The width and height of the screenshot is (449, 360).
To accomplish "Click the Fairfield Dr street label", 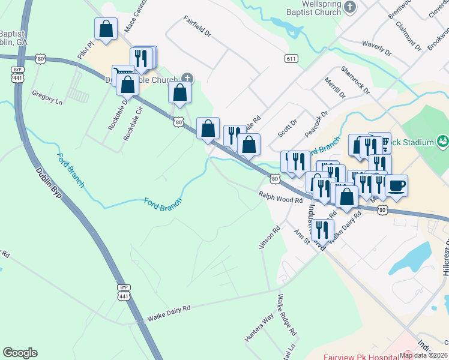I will (197, 27).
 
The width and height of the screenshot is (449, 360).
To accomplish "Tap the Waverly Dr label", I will (376, 48).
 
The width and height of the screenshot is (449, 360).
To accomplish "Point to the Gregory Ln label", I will (47, 98).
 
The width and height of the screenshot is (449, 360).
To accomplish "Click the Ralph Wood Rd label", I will (280, 197).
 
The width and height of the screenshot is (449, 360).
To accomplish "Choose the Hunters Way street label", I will (259, 327).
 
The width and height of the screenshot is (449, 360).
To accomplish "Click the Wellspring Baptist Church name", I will (313, 8).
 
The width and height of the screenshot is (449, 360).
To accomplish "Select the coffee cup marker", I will (396, 185).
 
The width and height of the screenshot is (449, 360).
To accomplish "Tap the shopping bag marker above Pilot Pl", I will (106, 29).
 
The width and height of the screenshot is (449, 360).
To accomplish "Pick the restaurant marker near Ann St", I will (322, 229).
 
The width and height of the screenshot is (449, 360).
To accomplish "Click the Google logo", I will (20, 353).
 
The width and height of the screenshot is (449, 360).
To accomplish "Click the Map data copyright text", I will (423, 355).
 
